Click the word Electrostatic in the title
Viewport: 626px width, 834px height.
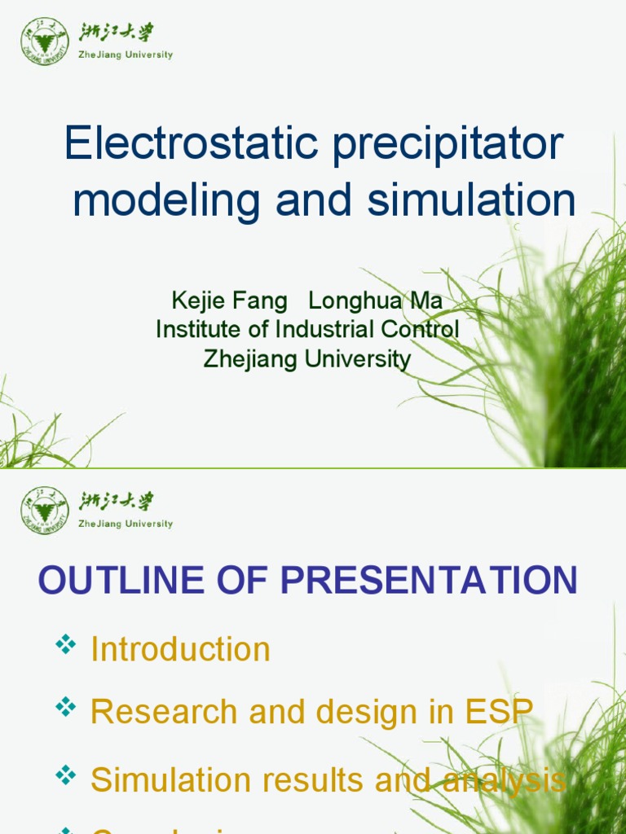[192, 144]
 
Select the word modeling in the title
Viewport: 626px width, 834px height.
[167, 201]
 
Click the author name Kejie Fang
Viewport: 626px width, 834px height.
[229, 301]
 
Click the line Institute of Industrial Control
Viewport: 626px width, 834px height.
[307, 330]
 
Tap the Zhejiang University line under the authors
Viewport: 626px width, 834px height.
[307, 358]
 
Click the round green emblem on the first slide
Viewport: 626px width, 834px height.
[44, 41]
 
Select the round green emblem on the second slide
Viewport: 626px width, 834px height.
[44, 510]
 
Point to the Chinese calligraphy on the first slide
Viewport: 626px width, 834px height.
[116, 33]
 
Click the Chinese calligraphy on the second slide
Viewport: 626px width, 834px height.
[116, 502]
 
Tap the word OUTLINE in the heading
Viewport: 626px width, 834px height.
[121, 581]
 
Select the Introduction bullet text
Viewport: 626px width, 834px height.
[180, 649]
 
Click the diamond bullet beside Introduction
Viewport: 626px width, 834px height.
[65, 646]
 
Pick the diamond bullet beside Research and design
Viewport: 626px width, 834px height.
[65, 708]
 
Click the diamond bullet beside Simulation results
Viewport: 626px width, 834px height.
[65, 776]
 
